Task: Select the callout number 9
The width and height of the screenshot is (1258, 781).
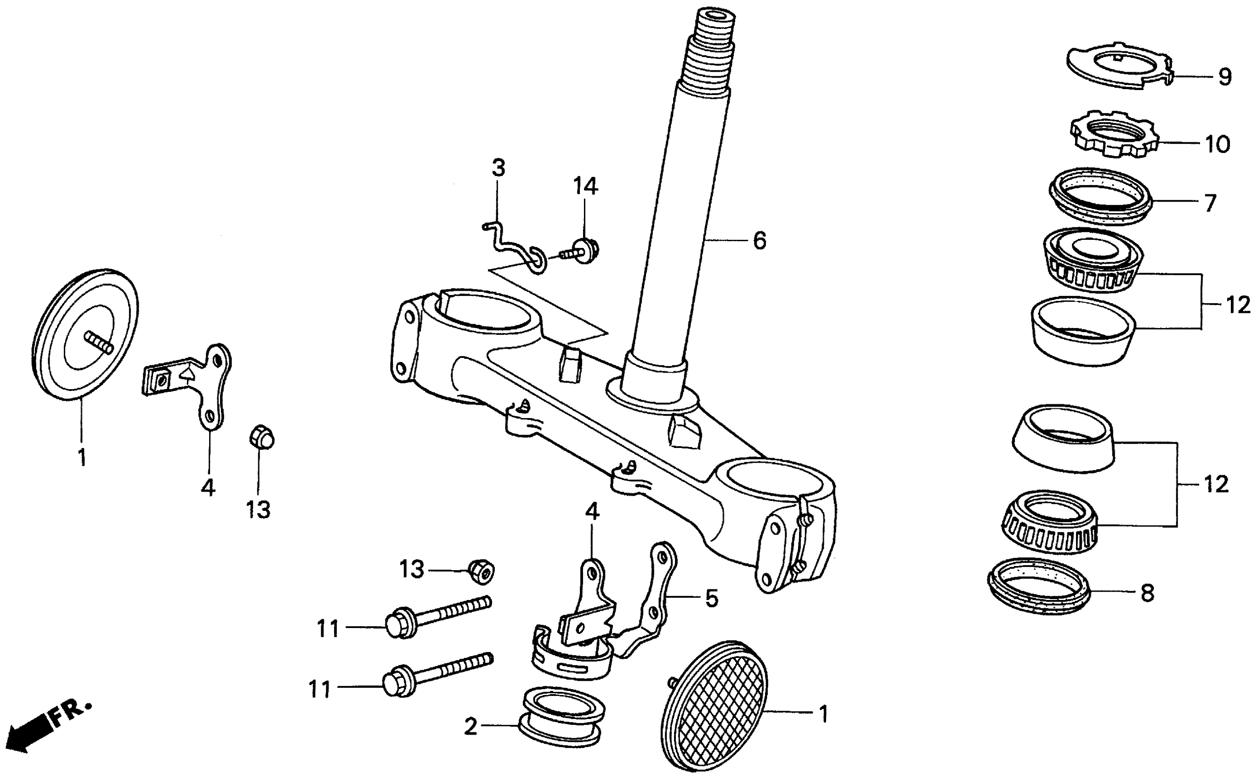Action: (x=1225, y=77)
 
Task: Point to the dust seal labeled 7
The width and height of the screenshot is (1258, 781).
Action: (x=1100, y=196)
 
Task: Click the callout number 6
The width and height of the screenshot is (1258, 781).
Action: (x=759, y=241)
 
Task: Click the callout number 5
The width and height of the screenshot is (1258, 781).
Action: (x=712, y=599)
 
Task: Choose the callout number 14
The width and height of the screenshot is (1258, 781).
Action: (x=585, y=186)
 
